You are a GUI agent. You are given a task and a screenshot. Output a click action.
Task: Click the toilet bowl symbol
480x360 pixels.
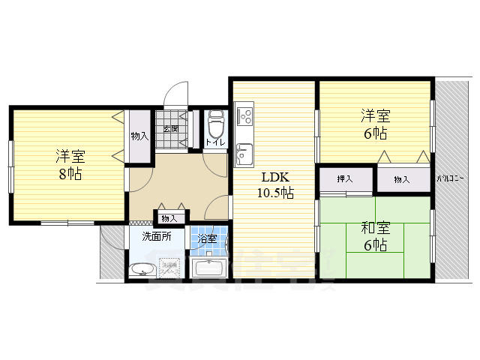click(x=215, y=121)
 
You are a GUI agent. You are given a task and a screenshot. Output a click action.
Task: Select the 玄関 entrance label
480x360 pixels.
click(x=169, y=129)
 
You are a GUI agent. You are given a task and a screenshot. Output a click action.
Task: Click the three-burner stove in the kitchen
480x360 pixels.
click(x=244, y=116)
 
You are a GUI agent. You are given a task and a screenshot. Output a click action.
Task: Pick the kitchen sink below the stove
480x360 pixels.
click(x=244, y=154)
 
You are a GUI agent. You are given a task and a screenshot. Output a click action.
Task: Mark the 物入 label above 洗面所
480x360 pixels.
click(x=169, y=218)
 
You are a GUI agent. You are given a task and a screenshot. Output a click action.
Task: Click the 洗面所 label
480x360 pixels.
click(x=157, y=237)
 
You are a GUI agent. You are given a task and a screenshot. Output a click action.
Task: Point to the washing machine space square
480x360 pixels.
click(x=169, y=267)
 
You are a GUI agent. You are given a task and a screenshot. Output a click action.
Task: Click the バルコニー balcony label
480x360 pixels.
click(x=452, y=179)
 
